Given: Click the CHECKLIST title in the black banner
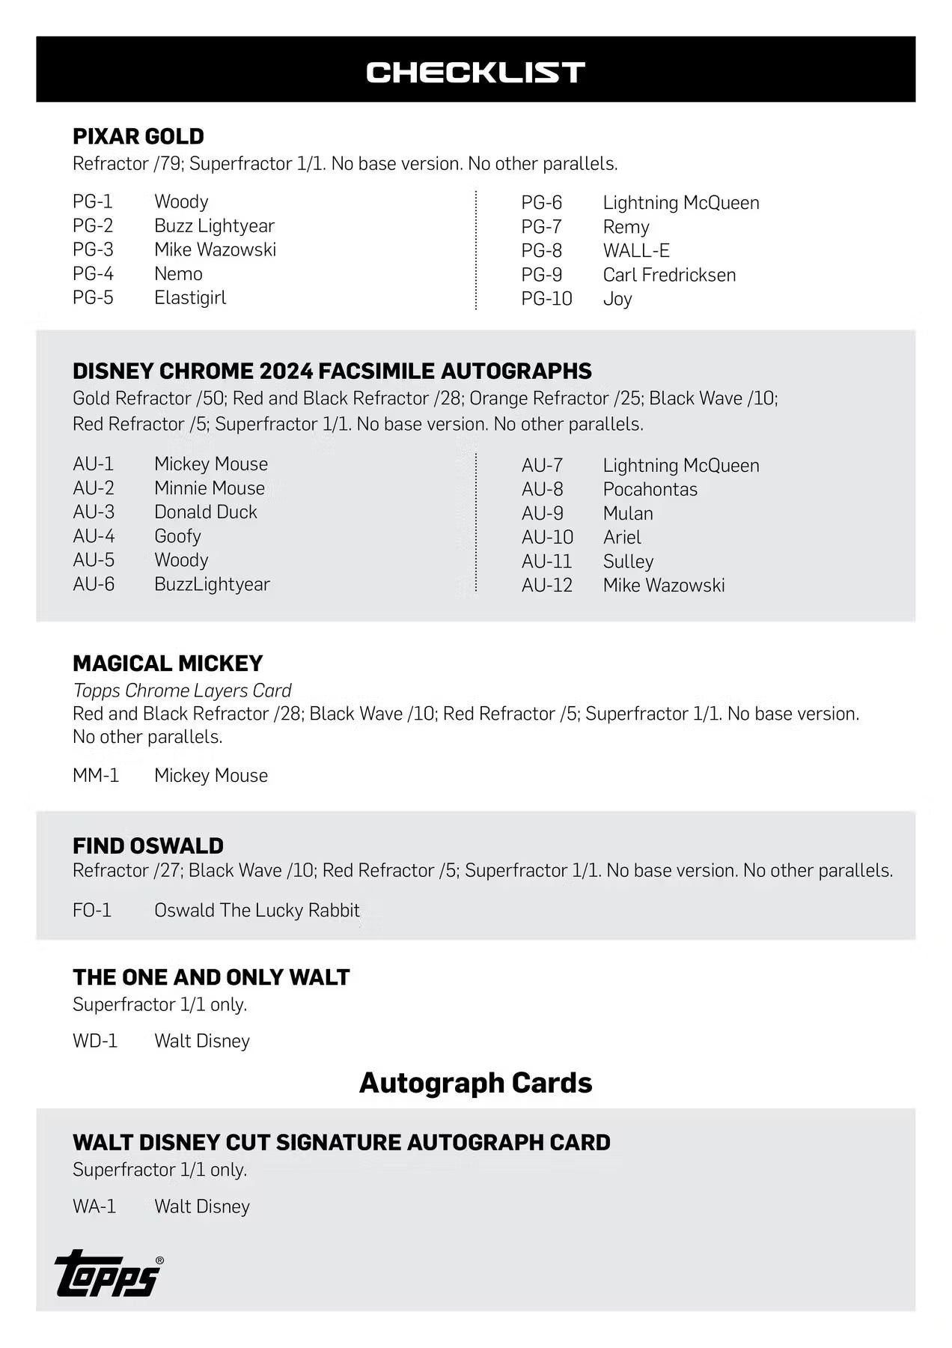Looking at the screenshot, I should coord(475,72).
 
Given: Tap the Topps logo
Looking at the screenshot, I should coord(108,1274).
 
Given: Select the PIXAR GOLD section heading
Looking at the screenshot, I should coord(138,136).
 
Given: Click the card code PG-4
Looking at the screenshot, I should coord(93,273).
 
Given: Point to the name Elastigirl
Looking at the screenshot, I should coord(190,297).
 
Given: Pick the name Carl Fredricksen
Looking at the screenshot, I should coord(669,275).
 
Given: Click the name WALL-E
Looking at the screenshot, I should coord(636,251).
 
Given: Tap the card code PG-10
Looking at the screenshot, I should coord(546,299).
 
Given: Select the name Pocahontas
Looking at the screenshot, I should coord(650,489).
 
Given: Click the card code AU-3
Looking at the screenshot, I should coord(94,512).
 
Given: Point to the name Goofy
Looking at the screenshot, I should coord(177,536).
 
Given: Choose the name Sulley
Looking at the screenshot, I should coord(628,561).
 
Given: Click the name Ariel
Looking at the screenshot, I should coord(622,537).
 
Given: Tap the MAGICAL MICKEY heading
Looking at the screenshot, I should coord(168,664).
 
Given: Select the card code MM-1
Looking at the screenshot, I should coord(96,775).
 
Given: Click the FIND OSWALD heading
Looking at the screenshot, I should coord(148,845).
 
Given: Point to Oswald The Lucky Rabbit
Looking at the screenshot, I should coord(257,910).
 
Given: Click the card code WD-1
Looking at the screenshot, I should coord(95,1041).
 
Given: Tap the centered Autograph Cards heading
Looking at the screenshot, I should coord(475,1083).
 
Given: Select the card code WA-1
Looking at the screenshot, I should coord(94,1206).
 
